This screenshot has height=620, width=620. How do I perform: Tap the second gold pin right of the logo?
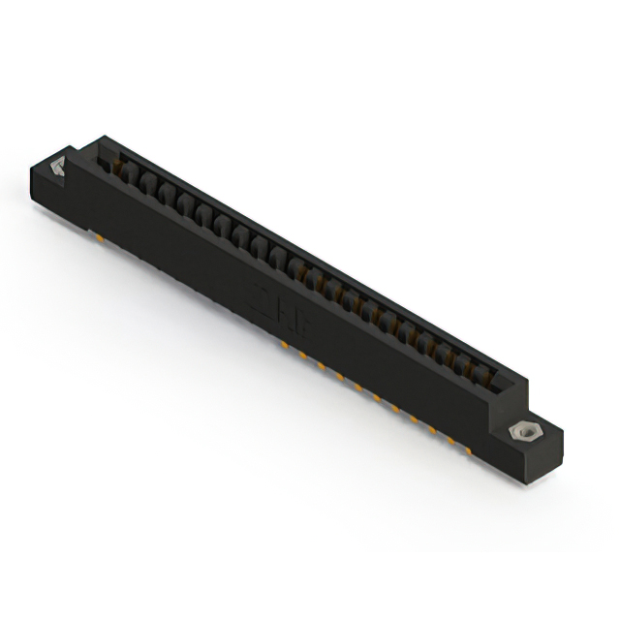pyautogui.click(x=320, y=363)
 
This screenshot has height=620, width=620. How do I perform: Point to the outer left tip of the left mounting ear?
pyautogui.click(x=30, y=174)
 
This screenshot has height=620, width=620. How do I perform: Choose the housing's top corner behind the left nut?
pyautogui.click(x=96, y=139)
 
